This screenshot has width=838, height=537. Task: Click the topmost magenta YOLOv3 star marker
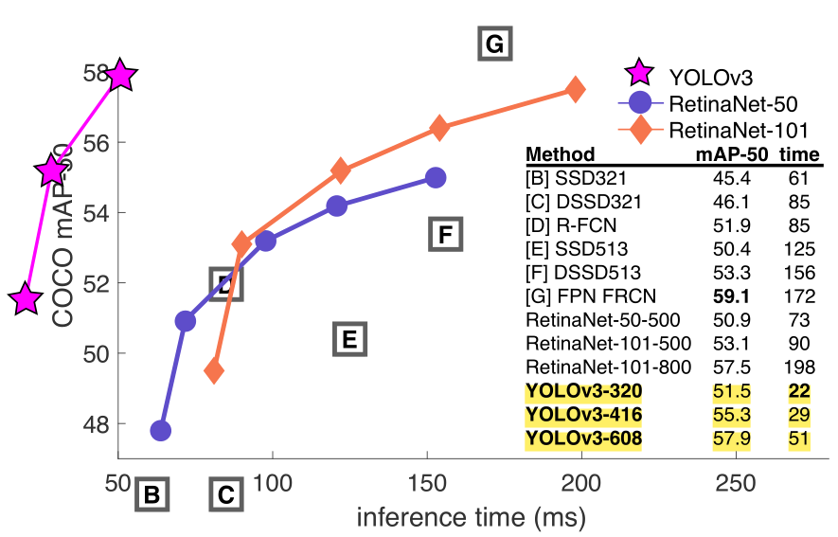120,75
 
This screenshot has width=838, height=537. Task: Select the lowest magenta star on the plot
27,299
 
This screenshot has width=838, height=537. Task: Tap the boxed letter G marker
493,45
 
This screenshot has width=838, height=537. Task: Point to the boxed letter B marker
152,494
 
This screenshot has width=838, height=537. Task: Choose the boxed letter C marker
225,494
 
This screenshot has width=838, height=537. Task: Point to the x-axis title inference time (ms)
471,519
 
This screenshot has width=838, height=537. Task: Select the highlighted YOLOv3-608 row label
584,439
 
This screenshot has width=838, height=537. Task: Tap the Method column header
561,154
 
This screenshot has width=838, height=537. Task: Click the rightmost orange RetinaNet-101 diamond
575,89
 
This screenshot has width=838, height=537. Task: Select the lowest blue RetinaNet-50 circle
161,431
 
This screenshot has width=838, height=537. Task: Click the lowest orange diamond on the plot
214,370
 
